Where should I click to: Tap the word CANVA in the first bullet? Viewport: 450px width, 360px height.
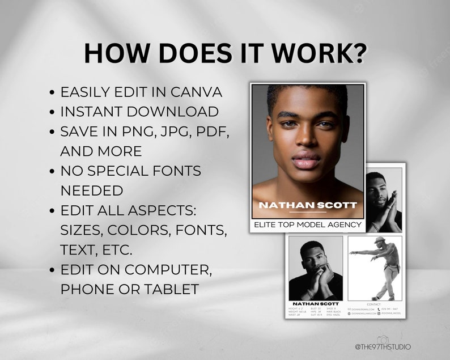click(197, 92)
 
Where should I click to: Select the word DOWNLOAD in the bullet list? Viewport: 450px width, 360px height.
click(180, 112)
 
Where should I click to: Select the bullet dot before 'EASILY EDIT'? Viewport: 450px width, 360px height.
click(52, 92)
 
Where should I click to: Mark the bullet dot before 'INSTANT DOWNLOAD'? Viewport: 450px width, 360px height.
click(52, 112)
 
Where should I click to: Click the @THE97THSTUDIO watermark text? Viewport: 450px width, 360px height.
click(383, 346)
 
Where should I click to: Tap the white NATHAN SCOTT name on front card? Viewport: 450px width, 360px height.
click(308, 205)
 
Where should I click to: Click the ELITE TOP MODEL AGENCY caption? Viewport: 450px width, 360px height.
click(308, 225)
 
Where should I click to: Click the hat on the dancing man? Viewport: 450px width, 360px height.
click(379, 240)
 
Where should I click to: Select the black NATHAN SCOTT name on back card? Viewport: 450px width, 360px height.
click(315, 304)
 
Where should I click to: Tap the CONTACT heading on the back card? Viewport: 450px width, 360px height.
click(375, 304)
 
